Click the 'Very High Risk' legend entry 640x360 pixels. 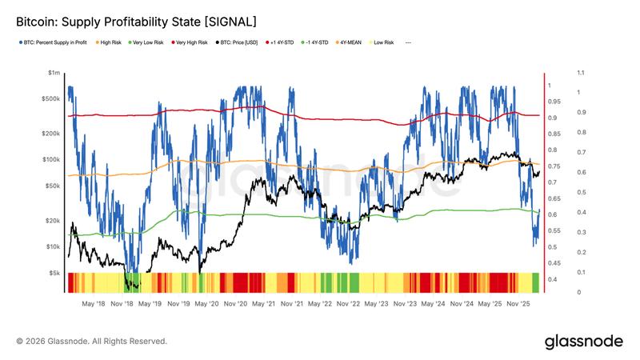(x=189, y=42)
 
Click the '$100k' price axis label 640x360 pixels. (x=52, y=160)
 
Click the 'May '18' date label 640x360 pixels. (x=94, y=304)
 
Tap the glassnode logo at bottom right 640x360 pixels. (x=583, y=342)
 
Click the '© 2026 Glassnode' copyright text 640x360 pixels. (x=91, y=342)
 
